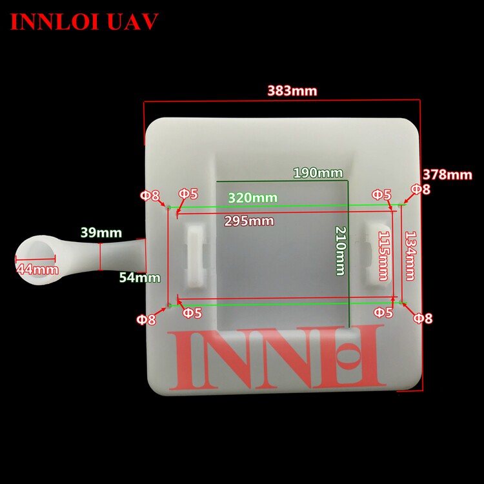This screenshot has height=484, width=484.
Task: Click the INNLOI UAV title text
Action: coord(85,21)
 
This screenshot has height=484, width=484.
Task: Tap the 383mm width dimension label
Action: coord(292,91)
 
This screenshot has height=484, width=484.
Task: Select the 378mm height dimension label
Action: coord(448,174)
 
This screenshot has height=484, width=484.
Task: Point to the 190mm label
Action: coord(318,173)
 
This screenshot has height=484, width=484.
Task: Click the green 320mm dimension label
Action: coord(252,197)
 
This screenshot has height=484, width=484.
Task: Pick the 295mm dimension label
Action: coord(249,221)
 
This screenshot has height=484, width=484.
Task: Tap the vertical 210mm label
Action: coord(340,251)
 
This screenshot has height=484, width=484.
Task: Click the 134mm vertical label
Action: coord(409,256)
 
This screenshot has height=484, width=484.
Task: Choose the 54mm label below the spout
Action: coord(139,278)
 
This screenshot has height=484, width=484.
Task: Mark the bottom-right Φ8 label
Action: coord(423,318)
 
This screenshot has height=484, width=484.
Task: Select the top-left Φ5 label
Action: coord(188,194)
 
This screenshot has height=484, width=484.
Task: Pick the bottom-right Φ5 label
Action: coord(383,313)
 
